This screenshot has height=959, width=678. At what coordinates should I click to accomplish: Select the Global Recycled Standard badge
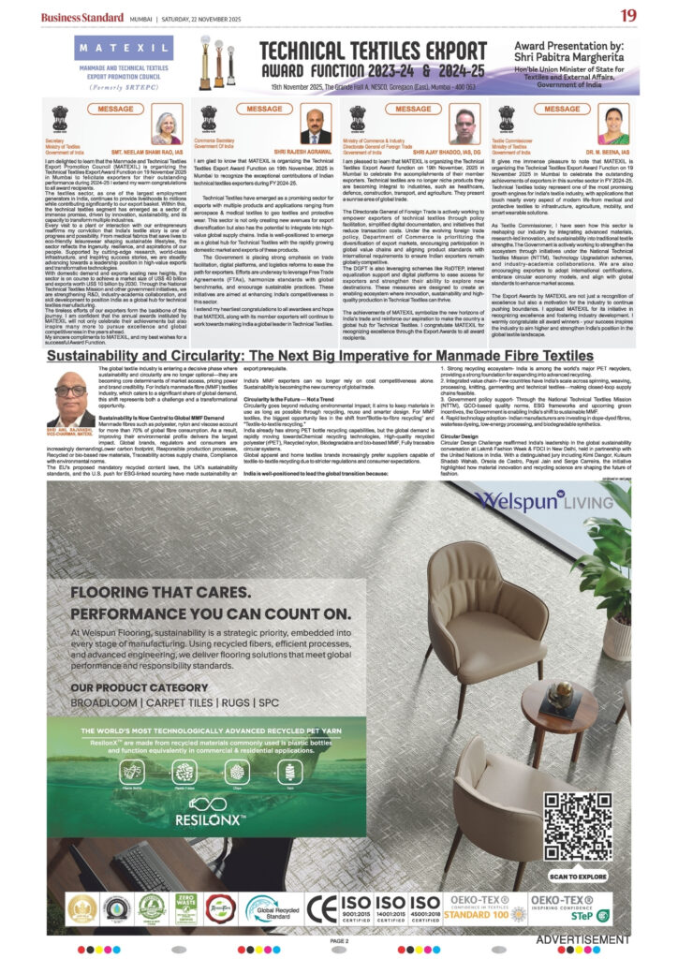(273, 907)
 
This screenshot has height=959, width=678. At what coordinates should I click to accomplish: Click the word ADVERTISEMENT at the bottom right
(582, 939)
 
